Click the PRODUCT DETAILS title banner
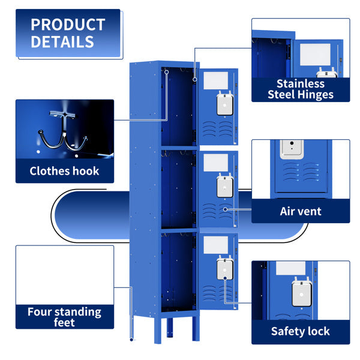68,34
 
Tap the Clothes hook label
65,171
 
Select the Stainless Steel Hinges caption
300,89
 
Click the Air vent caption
300,211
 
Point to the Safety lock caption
300,331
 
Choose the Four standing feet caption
65,317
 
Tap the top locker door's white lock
225,103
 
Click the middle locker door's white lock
225,185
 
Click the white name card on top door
216,79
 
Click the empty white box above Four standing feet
65,275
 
